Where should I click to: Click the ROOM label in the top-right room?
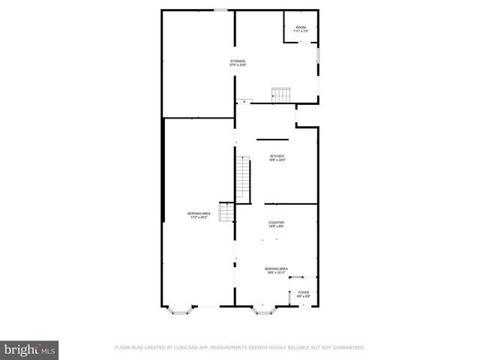point(300,27)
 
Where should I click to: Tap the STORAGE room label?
point(237,61)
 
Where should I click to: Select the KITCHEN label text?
point(277,156)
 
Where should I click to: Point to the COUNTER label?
point(276,223)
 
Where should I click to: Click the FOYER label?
point(303,292)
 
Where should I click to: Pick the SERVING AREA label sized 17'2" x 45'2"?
point(199,214)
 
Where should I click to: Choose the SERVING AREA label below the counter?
point(276,268)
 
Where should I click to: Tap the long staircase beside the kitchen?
point(242,179)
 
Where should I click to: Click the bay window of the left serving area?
point(178,307)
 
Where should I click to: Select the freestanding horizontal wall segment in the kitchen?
point(272,139)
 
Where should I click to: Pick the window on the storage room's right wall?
point(319,56)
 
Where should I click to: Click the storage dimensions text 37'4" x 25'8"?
point(237,65)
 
